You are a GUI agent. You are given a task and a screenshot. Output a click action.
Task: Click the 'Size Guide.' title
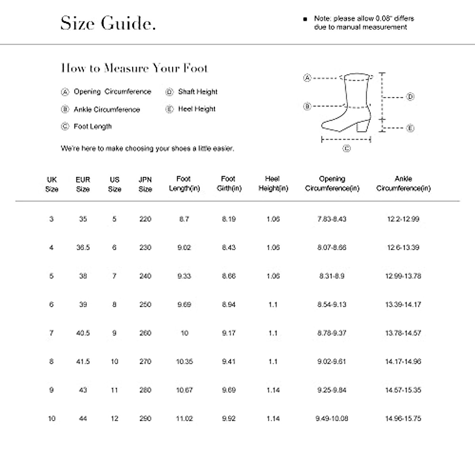108,23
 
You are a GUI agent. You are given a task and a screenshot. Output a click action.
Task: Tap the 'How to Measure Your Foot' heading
134,68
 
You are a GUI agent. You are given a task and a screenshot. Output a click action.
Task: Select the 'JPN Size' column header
145,184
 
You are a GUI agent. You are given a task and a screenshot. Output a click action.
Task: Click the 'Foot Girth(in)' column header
229,184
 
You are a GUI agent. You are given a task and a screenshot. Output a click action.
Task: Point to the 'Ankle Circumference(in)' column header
403,184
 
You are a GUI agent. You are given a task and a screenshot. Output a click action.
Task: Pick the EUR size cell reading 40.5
83,333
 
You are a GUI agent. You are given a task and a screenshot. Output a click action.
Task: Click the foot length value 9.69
184,304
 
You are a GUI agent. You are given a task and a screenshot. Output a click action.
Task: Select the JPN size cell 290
145,418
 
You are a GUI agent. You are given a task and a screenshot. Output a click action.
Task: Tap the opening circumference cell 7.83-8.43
332,219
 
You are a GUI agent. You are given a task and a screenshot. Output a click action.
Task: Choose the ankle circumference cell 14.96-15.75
403,418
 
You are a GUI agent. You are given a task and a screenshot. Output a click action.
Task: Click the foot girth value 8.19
229,219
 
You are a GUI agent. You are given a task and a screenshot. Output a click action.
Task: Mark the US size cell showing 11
114,390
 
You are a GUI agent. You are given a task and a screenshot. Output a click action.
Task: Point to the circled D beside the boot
410,97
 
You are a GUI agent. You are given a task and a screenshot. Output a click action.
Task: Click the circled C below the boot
346,148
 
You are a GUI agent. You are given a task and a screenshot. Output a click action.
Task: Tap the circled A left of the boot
307,78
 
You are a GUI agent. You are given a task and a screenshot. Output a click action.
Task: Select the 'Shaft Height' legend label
198,92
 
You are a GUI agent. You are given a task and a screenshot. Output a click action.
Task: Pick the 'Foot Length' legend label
93,127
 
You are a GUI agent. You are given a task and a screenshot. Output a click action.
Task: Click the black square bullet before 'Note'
305,19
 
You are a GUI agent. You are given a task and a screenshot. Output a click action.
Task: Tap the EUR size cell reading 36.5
83,247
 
